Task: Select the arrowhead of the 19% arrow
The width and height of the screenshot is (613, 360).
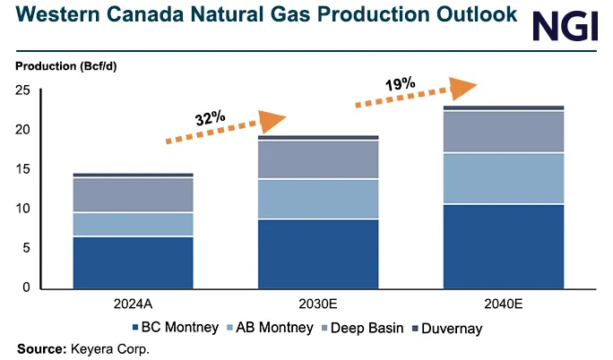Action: coord(462,88)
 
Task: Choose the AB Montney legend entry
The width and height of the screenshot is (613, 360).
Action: coord(274,328)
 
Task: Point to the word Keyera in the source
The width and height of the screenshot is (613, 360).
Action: coord(92,348)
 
